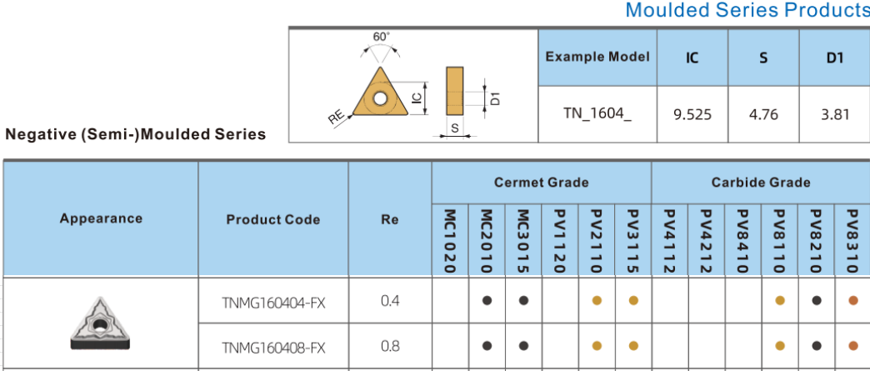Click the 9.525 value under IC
coord(692,114)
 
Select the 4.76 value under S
coord(763,114)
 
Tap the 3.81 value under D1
coord(834,114)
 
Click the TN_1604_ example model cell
coord(597,114)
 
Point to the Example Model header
coord(597,57)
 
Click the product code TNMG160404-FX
coord(272,301)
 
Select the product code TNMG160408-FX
coord(272,346)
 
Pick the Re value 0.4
coord(389,300)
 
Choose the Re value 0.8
coord(389,345)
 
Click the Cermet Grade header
coord(541,183)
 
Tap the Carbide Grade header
coord(760,183)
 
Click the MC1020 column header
coord(450,240)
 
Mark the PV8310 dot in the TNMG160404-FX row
coord(852,301)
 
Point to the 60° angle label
coord(381,37)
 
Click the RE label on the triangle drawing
coord(336,118)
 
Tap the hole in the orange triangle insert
coord(380,98)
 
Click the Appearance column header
coord(101,218)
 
